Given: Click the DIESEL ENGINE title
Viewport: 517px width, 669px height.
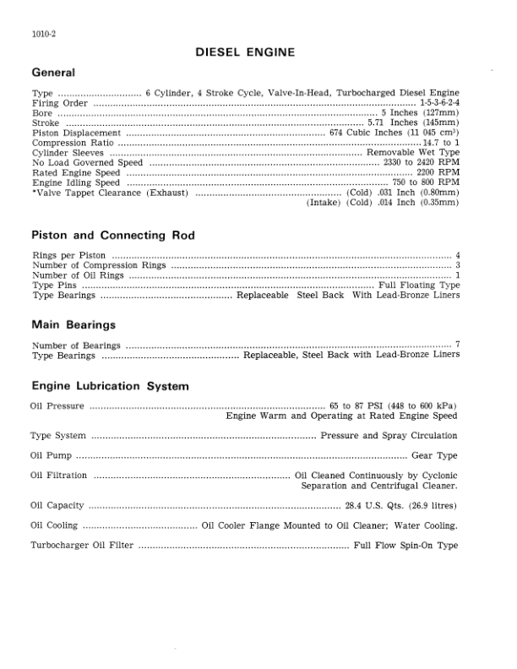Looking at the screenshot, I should [244, 52].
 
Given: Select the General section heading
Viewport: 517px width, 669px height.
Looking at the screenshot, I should [52, 73].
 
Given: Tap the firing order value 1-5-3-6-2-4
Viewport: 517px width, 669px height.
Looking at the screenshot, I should [439, 101].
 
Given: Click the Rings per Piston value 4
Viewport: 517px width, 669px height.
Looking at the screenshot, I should [457, 255].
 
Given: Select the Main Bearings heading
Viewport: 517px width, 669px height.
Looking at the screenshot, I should [73, 324].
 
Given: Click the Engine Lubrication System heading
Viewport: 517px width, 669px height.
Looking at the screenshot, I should [110, 386].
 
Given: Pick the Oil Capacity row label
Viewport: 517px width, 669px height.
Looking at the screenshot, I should [57, 506].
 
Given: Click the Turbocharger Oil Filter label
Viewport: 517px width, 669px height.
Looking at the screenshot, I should [81, 546].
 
